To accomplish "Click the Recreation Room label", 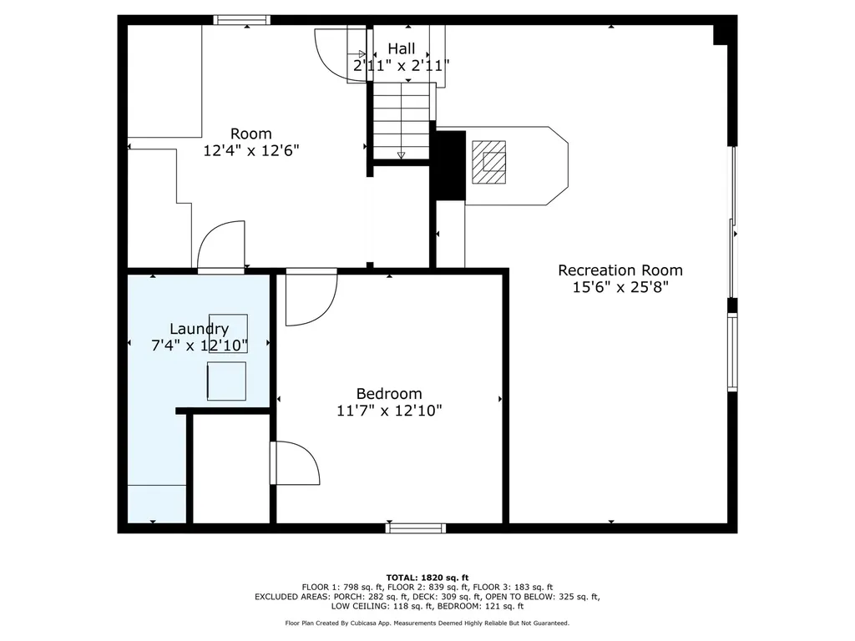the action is (620, 270).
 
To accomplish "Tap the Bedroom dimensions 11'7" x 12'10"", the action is (389, 411).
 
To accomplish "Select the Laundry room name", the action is (199, 329).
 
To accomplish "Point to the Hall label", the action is (402, 48).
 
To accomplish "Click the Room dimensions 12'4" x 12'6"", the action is (251, 150).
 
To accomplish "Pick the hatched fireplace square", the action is (488, 162).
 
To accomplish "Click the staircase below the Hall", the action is (402, 120).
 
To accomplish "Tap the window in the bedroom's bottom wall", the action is (416, 528).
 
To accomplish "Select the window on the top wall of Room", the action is (241, 20).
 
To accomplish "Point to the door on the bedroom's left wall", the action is (296, 462).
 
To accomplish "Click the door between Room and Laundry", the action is (221, 246).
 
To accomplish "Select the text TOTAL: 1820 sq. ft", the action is (427, 578).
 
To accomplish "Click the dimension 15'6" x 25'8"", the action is (620, 287).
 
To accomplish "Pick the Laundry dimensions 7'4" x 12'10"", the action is (200, 346).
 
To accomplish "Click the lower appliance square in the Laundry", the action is (226, 381).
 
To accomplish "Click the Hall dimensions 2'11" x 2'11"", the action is (402, 66).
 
